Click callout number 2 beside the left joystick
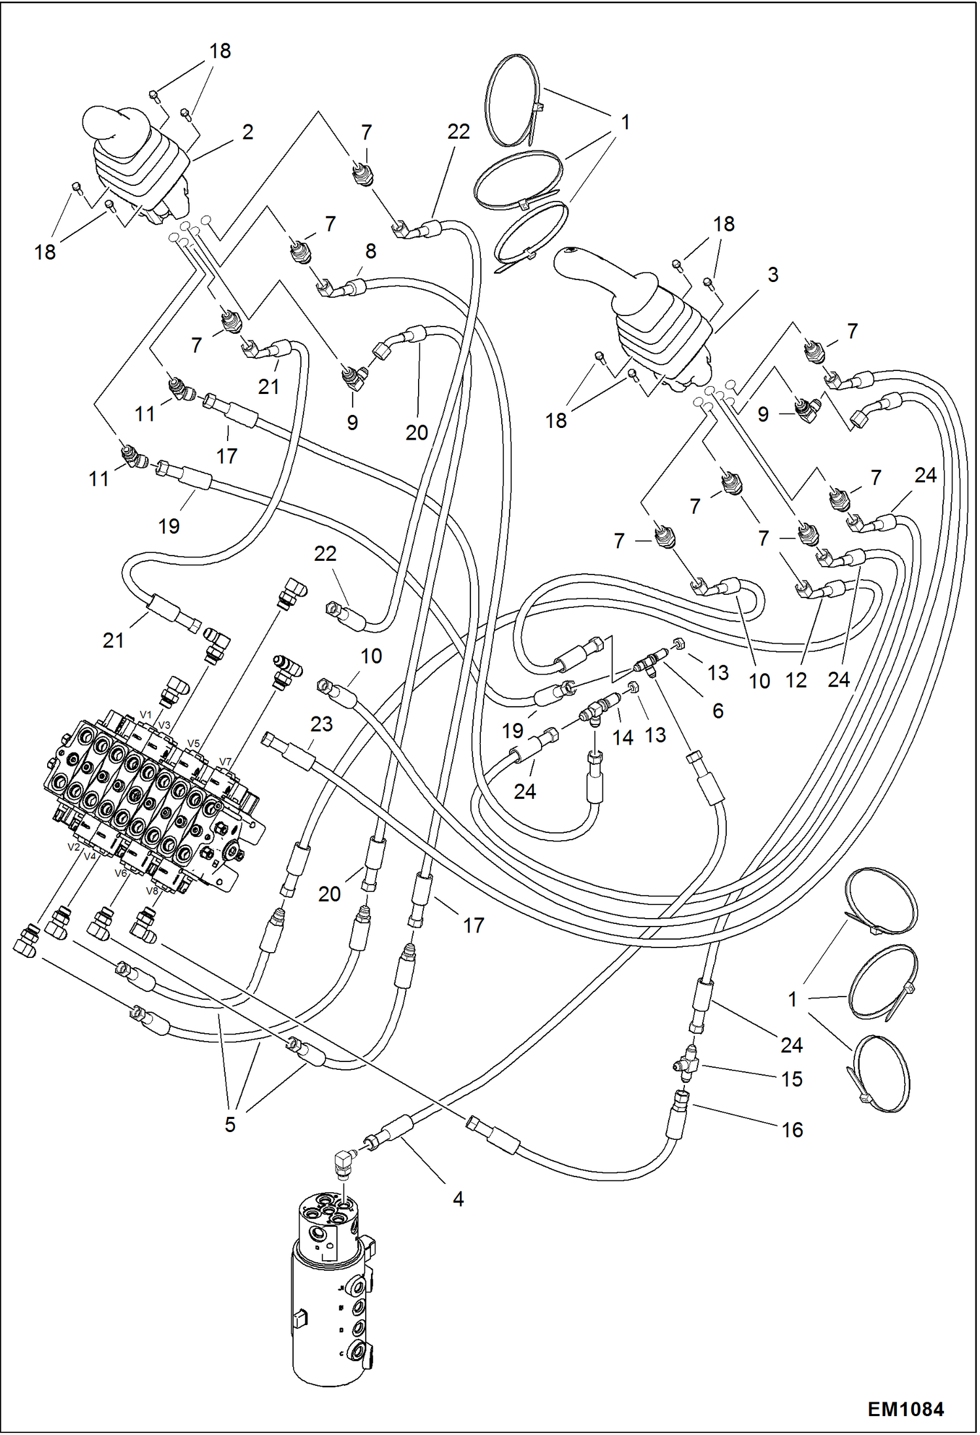coord(247,132)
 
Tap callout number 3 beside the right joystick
coord(773,274)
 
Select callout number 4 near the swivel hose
coord(458,1199)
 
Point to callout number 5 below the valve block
coord(230,1124)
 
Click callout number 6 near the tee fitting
coord(718,711)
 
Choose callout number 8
coord(370,251)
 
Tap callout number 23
coord(321,724)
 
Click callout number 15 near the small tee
coord(792,1079)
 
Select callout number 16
coord(792,1129)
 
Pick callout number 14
coord(622,737)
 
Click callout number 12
coord(796,681)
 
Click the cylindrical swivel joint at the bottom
coord(330,1302)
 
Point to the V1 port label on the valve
coord(145,715)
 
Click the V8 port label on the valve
coord(152,891)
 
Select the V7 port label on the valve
coord(224,761)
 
